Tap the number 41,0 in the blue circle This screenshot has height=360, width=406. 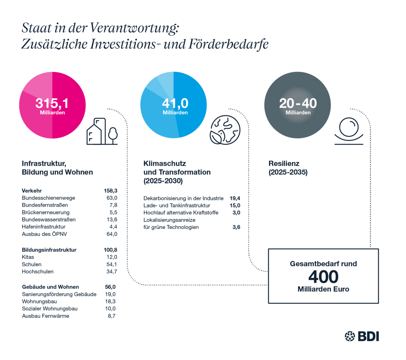pos(175,103)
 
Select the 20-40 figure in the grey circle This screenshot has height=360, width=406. pos(298,103)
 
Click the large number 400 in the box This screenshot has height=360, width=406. pos(323,277)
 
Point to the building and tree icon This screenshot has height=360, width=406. pos(102,132)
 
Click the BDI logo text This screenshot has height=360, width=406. pos(368,336)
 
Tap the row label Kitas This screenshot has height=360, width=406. pos(28,257)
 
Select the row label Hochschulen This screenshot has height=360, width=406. pos(38,271)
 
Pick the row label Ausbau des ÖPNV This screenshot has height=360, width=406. pos(41,234)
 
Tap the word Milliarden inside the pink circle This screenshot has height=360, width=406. pos(52,113)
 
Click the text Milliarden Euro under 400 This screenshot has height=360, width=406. pos(323,290)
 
